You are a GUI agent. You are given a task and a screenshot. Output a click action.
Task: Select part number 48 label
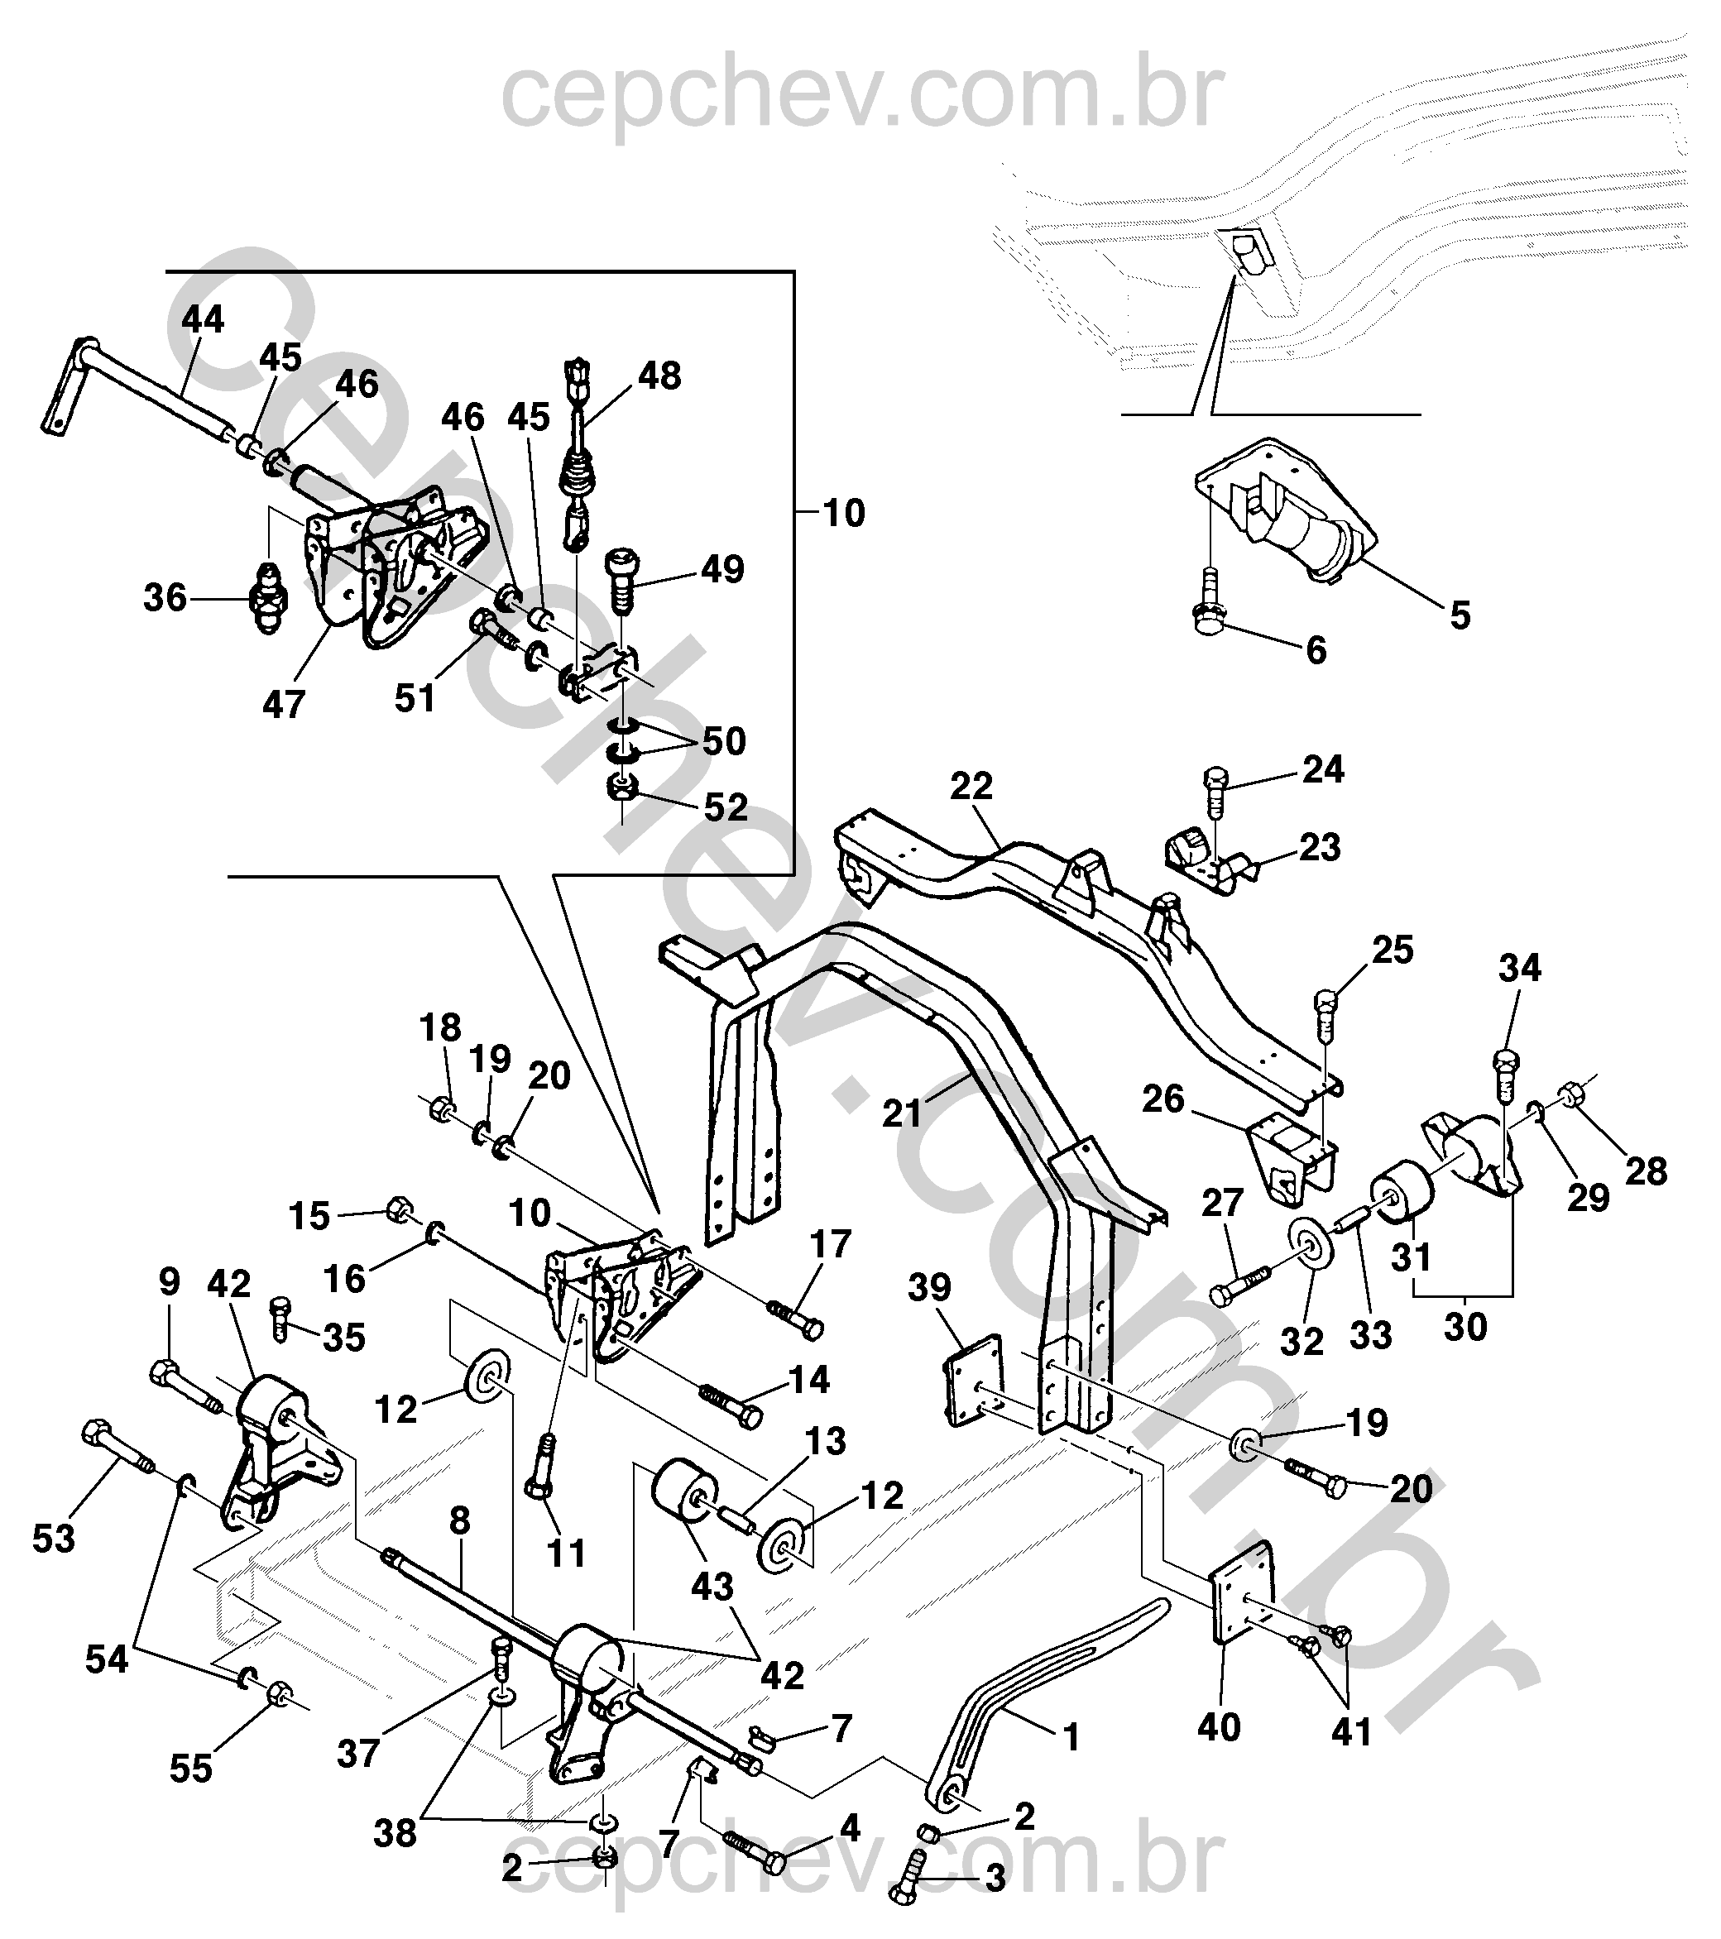(x=659, y=376)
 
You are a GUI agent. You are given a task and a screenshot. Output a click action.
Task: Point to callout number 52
(x=726, y=807)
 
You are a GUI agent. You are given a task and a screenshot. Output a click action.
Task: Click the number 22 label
(x=971, y=786)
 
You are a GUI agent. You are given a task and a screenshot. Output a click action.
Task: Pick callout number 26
(x=1163, y=1099)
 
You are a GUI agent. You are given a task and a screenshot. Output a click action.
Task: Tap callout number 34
(x=1520, y=969)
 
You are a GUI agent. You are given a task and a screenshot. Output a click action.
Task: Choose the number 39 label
(x=929, y=1288)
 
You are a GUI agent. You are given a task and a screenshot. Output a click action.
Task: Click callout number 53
(x=53, y=1539)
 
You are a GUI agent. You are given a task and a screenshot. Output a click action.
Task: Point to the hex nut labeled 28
(x=1570, y=1094)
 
